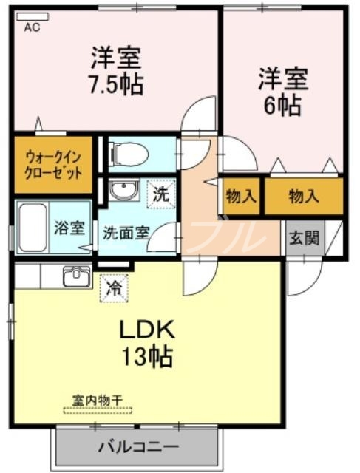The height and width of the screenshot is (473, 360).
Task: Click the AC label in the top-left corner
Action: click(33, 27)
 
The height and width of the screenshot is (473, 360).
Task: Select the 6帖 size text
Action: click(282, 105)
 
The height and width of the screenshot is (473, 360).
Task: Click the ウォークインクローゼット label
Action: click(52, 164)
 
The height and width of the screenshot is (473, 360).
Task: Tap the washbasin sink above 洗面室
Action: click(122, 191)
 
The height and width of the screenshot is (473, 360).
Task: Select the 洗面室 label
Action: click(126, 231)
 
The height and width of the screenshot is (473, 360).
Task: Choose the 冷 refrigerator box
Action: click(115, 286)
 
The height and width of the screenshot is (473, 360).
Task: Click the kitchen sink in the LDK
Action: click(76, 277)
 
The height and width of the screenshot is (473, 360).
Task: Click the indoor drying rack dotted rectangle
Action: click(98, 409)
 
